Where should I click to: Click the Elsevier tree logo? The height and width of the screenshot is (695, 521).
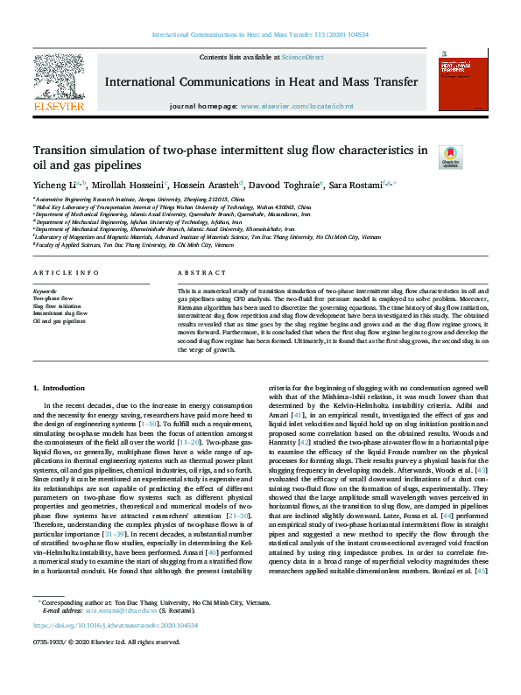(x=59, y=84)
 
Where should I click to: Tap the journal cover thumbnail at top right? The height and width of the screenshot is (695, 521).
(x=461, y=83)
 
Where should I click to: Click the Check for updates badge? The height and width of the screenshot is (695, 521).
(x=450, y=157)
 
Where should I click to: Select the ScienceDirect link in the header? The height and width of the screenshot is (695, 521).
(x=302, y=57)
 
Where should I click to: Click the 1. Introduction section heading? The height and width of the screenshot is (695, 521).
(x=59, y=388)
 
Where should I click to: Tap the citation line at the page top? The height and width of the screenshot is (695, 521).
(x=260, y=34)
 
